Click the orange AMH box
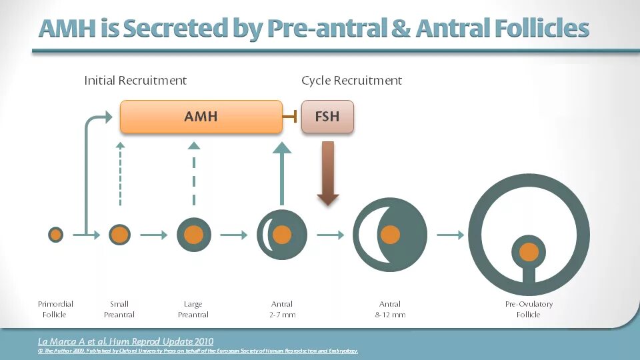click(x=201, y=117)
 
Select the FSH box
click(x=327, y=117)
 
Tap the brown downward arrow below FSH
click(x=328, y=173)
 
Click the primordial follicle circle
click(x=55, y=235)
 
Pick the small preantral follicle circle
click(x=119, y=235)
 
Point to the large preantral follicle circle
click(x=193, y=235)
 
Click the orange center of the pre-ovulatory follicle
click(x=529, y=252)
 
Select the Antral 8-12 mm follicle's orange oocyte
click(x=390, y=235)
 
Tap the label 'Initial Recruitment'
click(x=135, y=81)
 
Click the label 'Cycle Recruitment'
click(x=351, y=81)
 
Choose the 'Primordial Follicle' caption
click(x=55, y=309)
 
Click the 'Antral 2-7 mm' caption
click(x=282, y=309)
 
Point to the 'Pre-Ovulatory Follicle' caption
click(x=528, y=309)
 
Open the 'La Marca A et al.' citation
click(x=125, y=341)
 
